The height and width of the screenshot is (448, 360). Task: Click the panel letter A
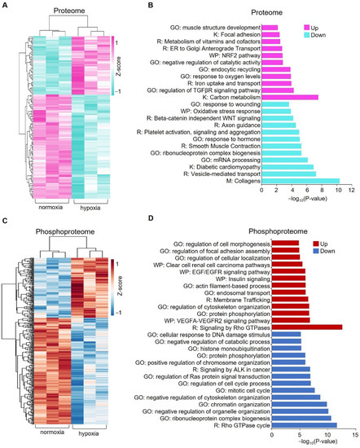coord(6,6)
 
